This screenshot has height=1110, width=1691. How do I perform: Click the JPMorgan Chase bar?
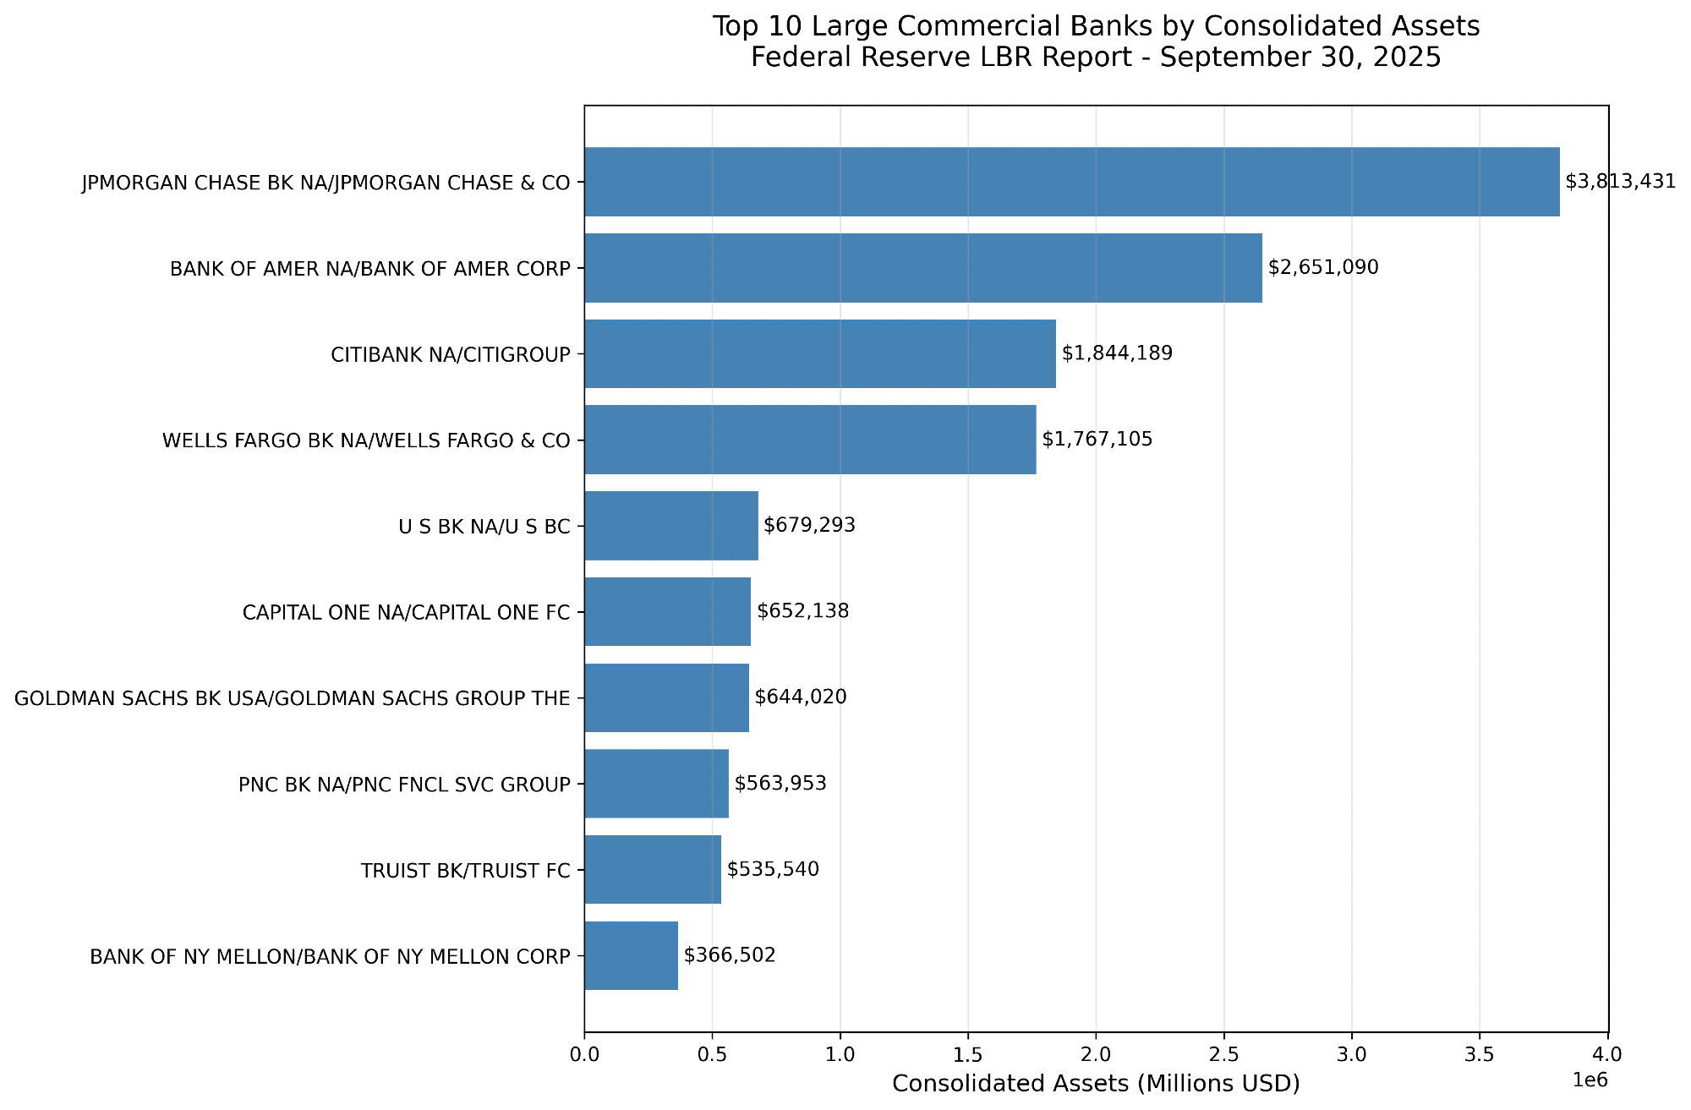click(x=1071, y=182)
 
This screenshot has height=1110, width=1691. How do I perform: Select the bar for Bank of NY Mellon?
click(x=631, y=955)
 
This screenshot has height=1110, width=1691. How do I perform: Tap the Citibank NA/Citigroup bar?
click(x=819, y=353)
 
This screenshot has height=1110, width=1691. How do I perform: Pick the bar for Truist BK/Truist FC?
click(x=652, y=869)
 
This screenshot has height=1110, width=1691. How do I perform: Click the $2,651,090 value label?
click(x=1323, y=268)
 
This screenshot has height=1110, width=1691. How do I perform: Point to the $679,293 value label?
click(x=809, y=526)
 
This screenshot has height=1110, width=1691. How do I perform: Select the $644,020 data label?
click(x=801, y=697)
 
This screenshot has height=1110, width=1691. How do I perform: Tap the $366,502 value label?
click(x=730, y=955)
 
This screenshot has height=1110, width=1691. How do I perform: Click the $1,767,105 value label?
click(x=1097, y=440)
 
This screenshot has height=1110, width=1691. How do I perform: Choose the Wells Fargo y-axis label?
click(x=366, y=440)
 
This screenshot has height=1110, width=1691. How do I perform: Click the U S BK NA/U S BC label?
click(x=484, y=527)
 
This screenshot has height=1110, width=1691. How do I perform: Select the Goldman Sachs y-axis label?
click(x=293, y=698)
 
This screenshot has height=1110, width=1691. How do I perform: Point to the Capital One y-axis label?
click(x=406, y=612)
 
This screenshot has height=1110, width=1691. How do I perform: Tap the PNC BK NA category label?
click(x=404, y=785)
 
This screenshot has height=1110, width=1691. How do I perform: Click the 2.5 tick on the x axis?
click(x=1223, y=1055)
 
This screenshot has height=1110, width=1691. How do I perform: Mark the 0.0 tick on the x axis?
click(x=584, y=1055)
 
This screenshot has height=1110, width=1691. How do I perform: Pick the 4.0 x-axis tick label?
click(x=1607, y=1055)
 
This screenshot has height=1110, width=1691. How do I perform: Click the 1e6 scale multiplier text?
click(x=1590, y=1080)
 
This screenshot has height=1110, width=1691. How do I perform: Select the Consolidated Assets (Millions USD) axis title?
click(x=1096, y=1084)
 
